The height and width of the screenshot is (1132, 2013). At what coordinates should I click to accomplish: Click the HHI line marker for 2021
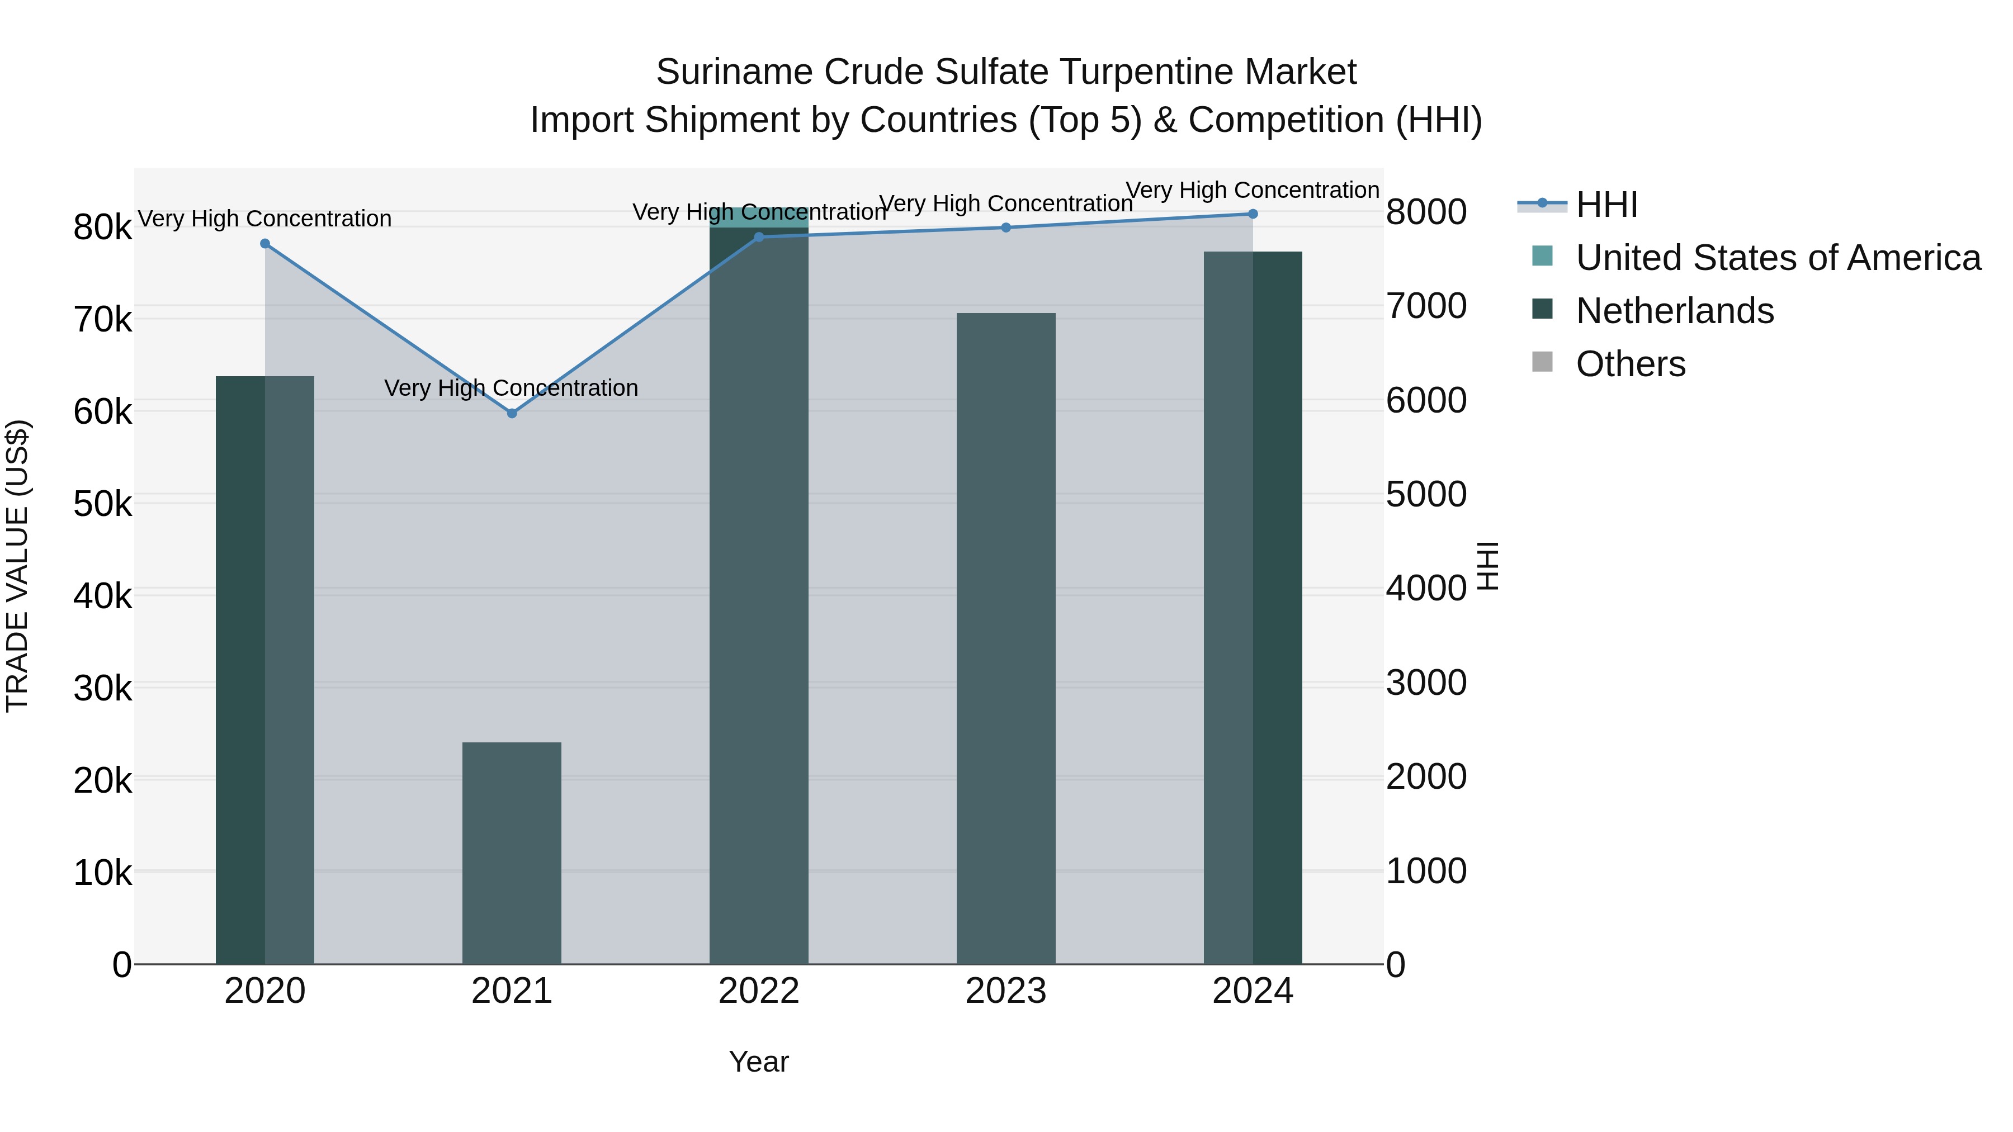tap(512, 413)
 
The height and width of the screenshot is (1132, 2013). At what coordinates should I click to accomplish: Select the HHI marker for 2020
tap(265, 244)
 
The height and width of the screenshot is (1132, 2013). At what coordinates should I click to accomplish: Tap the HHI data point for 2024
tap(1253, 214)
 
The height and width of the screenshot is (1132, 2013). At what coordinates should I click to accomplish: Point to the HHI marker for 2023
tap(1006, 228)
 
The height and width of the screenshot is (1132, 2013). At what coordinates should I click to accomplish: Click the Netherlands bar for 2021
tap(512, 853)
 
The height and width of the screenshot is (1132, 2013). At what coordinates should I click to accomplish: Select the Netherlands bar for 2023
tap(1006, 638)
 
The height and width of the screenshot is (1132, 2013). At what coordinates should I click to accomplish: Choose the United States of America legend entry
tap(1778, 258)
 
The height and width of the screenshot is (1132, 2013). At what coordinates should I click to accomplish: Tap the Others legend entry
tap(1630, 364)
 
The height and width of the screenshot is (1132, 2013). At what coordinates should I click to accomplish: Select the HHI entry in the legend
tap(1606, 205)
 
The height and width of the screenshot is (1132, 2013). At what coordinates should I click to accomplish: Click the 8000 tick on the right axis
tap(1426, 212)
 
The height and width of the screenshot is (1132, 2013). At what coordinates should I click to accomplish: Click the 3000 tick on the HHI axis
tap(1426, 683)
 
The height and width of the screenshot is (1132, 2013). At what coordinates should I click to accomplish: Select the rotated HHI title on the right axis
tap(1489, 566)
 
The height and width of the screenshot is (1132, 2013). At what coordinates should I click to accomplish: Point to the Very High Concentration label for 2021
tap(511, 389)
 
